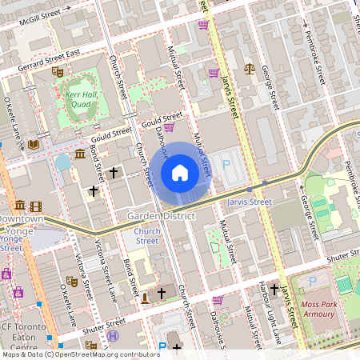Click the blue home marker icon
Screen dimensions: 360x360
pos(180,172)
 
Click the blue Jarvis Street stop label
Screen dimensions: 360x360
pos(250,202)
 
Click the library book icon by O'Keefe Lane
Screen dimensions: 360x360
pos(34,145)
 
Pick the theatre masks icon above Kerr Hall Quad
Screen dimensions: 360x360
pos(58,71)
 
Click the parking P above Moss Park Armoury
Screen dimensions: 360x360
pos(311,281)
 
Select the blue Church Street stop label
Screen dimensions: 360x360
pos(147,235)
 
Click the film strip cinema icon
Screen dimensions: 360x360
pos(36,206)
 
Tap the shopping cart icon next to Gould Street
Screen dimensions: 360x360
pos(169,126)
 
